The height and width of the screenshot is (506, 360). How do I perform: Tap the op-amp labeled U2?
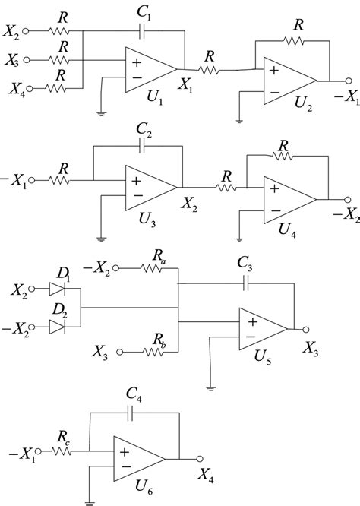(x=288, y=79)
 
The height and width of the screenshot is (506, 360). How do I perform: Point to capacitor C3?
(x=245, y=283)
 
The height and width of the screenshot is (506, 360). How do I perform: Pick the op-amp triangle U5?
(x=261, y=327)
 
